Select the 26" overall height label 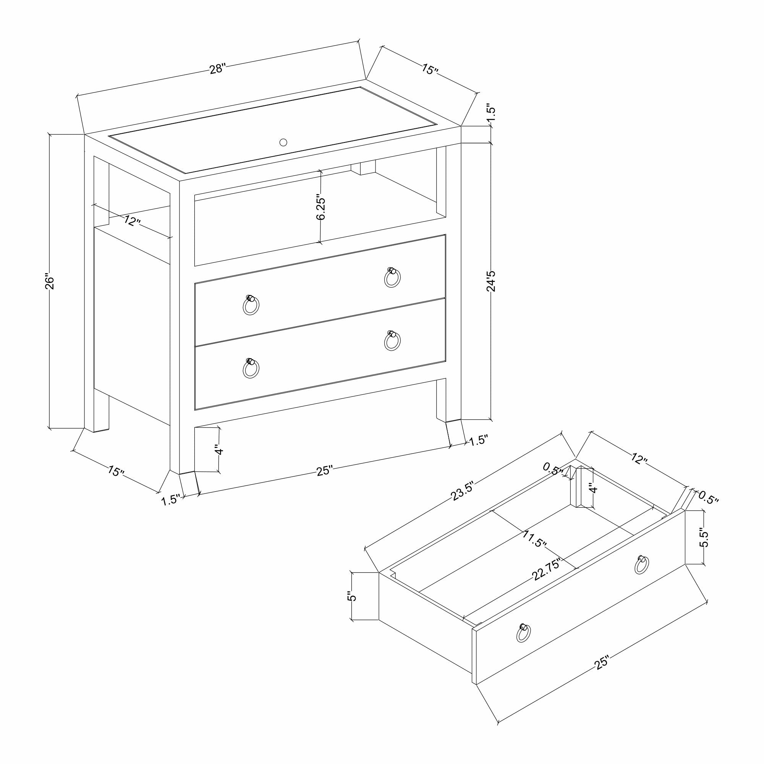pyautogui.click(x=49, y=282)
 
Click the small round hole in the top pyautogui.click(x=283, y=142)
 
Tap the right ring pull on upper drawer pyautogui.click(x=392, y=278)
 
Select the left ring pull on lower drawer pyautogui.click(x=250, y=368)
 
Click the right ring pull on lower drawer pyautogui.click(x=392, y=341)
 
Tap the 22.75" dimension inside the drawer pyautogui.click(x=547, y=570)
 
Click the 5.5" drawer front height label pyautogui.click(x=704, y=537)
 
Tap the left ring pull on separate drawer pyautogui.click(x=523, y=633)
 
